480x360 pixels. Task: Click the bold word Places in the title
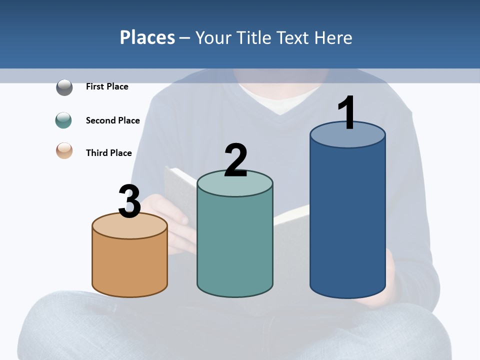click(x=147, y=37)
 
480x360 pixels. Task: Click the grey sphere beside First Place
click(x=64, y=87)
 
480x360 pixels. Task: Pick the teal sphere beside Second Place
click(x=63, y=120)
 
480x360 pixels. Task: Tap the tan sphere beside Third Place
click(x=64, y=150)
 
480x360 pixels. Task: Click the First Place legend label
click(x=107, y=86)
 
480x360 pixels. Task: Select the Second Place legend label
click(x=112, y=120)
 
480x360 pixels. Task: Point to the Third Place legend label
click(x=108, y=153)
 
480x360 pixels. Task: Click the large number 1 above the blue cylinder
click(x=347, y=113)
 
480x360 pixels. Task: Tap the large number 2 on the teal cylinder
click(x=235, y=160)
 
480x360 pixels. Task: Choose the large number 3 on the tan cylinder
click(x=130, y=201)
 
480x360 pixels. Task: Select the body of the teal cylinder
click(x=235, y=245)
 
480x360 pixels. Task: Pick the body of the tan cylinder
click(x=130, y=265)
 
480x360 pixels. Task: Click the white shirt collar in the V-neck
click(x=280, y=102)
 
